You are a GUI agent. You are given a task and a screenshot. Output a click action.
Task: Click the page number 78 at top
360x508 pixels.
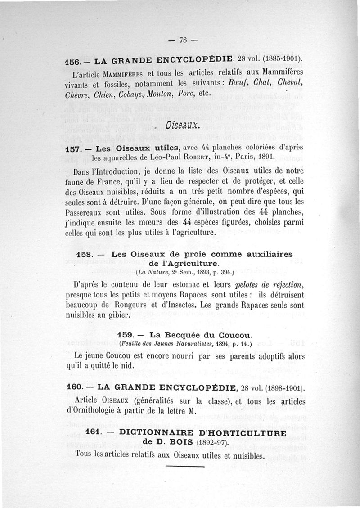(182, 40)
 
